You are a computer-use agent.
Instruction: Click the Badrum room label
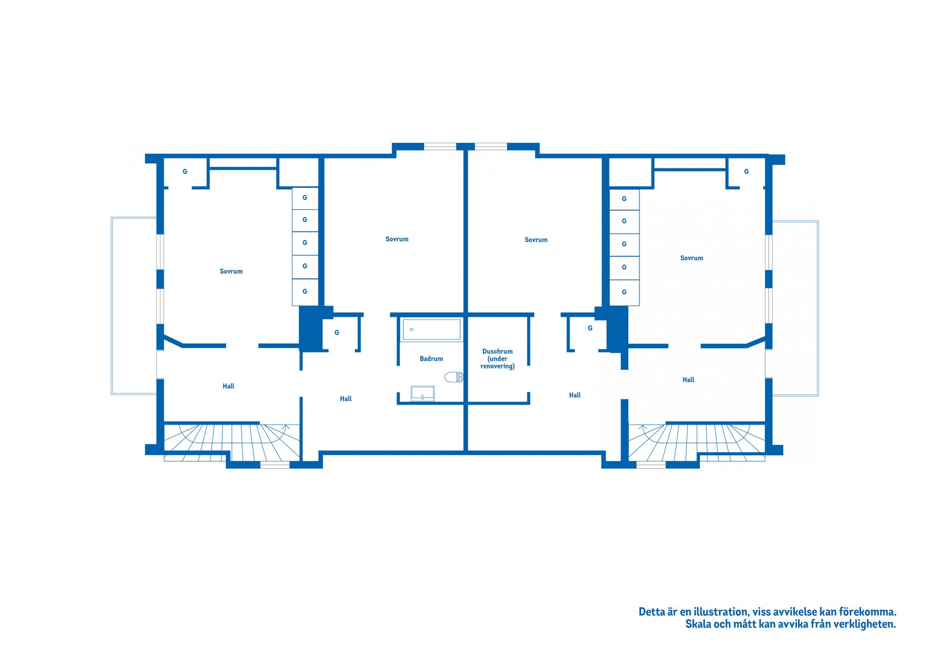[431, 359]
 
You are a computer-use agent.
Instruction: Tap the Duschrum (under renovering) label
[497, 359]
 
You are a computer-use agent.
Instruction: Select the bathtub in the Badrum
[431, 329]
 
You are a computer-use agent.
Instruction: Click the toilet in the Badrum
[453, 377]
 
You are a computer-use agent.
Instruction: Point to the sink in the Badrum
[422, 393]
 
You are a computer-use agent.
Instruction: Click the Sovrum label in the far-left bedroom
[231, 271]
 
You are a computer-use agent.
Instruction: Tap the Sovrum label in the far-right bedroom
[691, 258]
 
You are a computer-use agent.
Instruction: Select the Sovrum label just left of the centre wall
[397, 239]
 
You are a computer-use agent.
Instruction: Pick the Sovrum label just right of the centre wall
[536, 240]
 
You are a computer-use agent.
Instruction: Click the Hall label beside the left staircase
[228, 386]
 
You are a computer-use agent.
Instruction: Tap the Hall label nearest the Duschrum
[574, 395]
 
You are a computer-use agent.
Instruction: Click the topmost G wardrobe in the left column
[305, 198]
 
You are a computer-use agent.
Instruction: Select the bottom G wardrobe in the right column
[624, 292]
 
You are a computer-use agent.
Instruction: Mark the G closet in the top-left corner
[185, 171]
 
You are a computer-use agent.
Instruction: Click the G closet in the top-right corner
[746, 171]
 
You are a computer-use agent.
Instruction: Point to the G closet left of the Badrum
[337, 333]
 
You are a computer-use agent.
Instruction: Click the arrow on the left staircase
[286, 427]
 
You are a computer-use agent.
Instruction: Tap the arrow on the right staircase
[643, 428]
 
